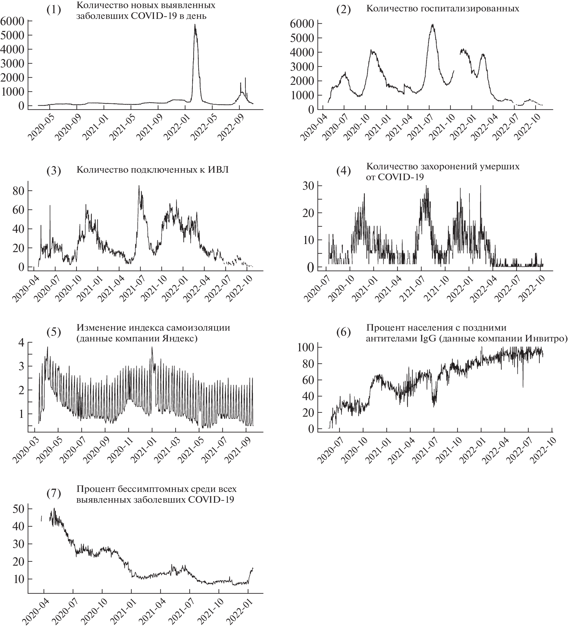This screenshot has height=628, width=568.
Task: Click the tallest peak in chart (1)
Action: (195, 25)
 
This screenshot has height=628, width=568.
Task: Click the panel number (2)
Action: (343, 10)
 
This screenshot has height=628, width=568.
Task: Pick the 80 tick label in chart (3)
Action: (18, 191)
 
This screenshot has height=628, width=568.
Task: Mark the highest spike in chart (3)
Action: (139, 186)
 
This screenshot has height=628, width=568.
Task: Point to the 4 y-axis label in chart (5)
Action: (21, 343)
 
